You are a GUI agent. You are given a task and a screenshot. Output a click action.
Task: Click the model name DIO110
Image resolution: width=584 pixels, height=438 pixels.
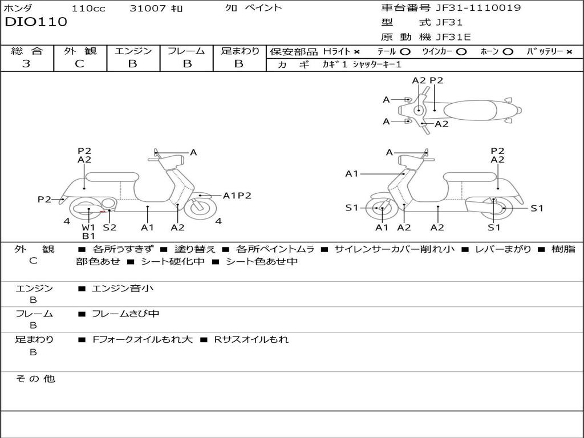[36, 22]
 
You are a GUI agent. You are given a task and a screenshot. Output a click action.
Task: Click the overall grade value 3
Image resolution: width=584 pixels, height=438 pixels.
[26, 64]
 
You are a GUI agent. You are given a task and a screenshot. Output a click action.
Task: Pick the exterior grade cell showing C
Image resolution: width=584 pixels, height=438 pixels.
[80, 64]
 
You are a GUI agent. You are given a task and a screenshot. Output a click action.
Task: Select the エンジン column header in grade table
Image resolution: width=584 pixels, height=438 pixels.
[133, 51]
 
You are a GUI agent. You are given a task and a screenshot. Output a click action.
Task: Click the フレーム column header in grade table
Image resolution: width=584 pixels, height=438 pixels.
[186, 51]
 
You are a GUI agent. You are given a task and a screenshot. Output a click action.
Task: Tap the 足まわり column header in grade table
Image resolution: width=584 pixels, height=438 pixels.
[240, 51]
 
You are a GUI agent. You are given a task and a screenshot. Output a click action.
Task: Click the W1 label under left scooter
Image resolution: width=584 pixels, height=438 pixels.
[88, 227]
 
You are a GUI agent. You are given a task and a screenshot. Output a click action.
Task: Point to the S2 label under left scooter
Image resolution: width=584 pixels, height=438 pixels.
[109, 227]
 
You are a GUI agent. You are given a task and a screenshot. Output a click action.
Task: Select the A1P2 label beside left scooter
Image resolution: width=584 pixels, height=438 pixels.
[237, 196]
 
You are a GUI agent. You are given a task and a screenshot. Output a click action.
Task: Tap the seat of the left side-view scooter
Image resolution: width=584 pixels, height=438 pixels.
[112, 177]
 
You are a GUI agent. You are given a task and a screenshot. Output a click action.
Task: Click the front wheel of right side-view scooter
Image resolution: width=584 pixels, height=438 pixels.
[381, 208]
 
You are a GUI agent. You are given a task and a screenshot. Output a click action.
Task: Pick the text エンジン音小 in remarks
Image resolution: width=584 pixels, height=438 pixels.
[122, 289]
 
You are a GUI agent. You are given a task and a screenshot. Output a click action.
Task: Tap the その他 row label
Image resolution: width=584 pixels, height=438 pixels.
[35, 379]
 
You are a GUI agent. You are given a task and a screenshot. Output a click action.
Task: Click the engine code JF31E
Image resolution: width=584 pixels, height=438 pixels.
[453, 37]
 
